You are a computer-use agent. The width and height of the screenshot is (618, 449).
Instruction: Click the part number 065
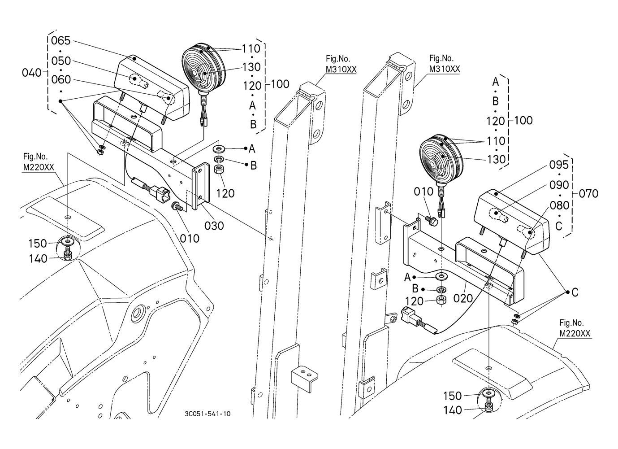click(61, 41)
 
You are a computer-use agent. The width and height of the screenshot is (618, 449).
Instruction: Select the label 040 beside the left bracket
click(31, 72)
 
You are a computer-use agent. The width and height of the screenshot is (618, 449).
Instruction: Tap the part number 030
click(214, 225)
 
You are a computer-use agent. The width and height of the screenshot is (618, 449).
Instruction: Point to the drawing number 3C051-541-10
click(207, 414)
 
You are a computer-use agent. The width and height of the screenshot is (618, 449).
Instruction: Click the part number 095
click(558, 165)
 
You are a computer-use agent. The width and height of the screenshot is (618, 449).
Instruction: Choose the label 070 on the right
click(588, 193)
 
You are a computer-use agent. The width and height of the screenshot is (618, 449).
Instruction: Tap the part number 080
click(559, 205)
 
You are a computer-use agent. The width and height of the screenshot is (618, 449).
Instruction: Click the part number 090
click(559, 185)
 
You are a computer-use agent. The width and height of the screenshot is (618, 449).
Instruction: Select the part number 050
click(61, 61)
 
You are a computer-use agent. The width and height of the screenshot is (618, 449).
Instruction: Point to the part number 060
click(61, 80)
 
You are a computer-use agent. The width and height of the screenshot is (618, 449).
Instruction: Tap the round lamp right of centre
click(440, 158)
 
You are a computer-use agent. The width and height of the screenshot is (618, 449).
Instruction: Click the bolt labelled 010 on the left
click(177, 207)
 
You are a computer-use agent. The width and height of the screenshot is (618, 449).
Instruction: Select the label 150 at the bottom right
click(453, 396)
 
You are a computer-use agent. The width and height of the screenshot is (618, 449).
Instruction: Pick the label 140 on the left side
click(38, 259)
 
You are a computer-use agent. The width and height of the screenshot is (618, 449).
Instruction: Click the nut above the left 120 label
click(220, 170)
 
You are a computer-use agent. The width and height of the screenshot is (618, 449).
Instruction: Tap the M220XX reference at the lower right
click(575, 333)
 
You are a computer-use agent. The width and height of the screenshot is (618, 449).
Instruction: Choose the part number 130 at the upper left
click(251, 67)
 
